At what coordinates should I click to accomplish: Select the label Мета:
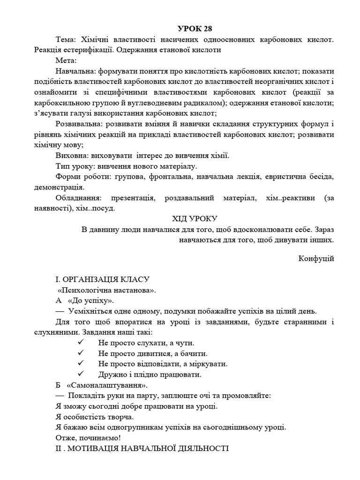pyautogui.click(x=66, y=60)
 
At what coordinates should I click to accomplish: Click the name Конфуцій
pyautogui.click(x=316, y=258)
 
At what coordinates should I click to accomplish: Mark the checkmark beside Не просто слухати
pyautogui.click(x=81, y=343)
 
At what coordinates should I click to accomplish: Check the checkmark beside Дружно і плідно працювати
pyautogui.click(x=81, y=374)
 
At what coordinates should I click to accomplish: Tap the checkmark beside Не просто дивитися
pyautogui.click(x=81, y=353)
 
